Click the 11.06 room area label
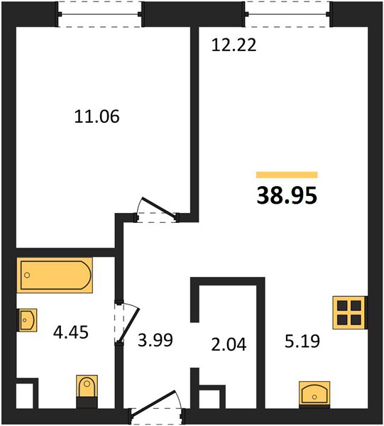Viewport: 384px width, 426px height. pyautogui.click(x=97, y=116)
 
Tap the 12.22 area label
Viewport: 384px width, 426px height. pyautogui.click(x=234, y=45)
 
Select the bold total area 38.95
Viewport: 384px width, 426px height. pyautogui.click(x=287, y=196)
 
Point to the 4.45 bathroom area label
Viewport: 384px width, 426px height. pyautogui.click(x=70, y=332)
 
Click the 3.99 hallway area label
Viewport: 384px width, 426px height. pyautogui.click(x=155, y=340)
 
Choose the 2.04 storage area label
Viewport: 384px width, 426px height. pyautogui.click(x=229, y=344)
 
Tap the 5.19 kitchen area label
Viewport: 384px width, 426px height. pyautogui.click(x=302, y=342)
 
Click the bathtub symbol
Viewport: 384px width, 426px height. pyautogui.click(x=55, y=275)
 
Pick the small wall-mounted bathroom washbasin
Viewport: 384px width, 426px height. pyautogui.click(x=27, y=319)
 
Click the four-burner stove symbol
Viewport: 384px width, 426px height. pyautogui.click(x=350, y=312)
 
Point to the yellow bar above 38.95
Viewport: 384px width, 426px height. pyautogui.click(x=287, y=175)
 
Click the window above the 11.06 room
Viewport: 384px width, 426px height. pyautogui.click(x=99, y=14)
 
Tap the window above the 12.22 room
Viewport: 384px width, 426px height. pyautogui.click(x=287, y=14)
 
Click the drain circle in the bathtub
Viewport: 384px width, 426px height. pyautogui.click(x=27, y=275)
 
